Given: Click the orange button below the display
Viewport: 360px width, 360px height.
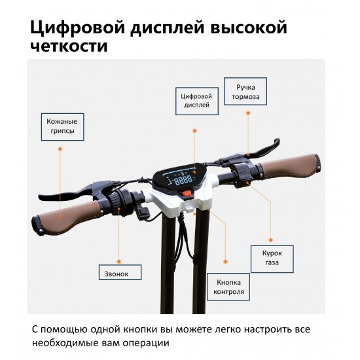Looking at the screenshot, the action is (x=187, y=192).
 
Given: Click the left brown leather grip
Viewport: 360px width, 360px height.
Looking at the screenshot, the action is (x=67, y=217).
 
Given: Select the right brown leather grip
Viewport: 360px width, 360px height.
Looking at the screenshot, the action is (x=290, y=166).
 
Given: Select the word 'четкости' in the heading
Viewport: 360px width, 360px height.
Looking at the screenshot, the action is (x=69, y=46).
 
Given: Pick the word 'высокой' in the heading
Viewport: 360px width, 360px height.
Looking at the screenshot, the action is (x=249, y=27).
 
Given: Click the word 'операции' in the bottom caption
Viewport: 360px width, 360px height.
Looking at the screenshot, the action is (x=146, y=343).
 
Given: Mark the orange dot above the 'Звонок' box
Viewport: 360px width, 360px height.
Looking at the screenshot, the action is (x=119, y=262).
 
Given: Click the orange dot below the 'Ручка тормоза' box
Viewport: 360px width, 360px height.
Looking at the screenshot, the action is (x=248, y=113).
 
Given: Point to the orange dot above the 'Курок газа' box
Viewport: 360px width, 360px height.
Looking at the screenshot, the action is (x=271, y=240).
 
